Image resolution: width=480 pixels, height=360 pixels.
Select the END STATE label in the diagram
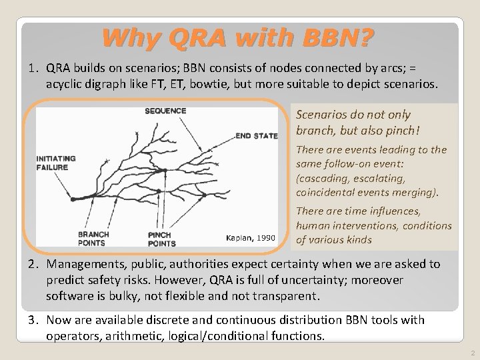tap(256, 136)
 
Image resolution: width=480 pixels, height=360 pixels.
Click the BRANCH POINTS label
tap(94, 239)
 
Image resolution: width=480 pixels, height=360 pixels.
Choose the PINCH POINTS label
tap(161, 239)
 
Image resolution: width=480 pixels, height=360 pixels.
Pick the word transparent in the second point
tap(292, 294)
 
